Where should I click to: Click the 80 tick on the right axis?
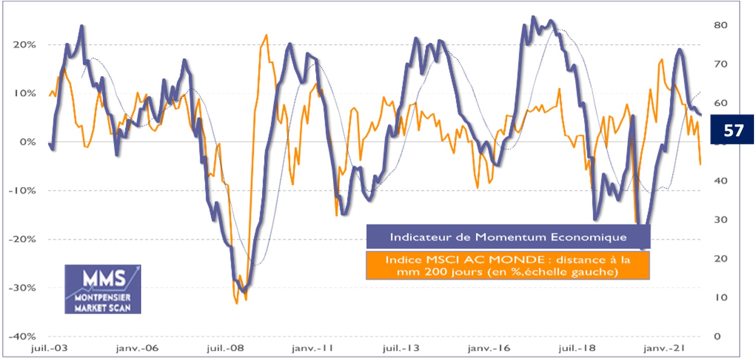point(720,25)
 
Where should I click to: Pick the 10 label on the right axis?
point(720,297)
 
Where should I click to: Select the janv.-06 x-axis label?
point(138,348)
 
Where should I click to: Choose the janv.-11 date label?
point(316,348)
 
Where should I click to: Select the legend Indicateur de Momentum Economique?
point(508,237)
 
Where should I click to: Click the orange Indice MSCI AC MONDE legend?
point(508,266)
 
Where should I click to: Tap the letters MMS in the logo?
point(99,279)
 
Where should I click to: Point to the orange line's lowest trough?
point(237,303)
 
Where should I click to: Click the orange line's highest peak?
point(266,35)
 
